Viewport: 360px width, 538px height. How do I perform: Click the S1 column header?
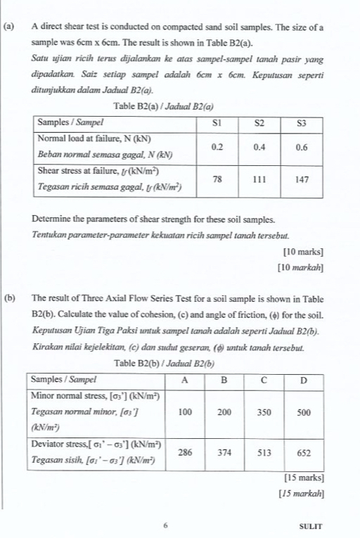tap(217, 122)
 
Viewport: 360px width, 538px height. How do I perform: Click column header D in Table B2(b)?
tap(304, 379)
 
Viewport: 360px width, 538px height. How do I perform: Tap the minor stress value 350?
tap(264, 413)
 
